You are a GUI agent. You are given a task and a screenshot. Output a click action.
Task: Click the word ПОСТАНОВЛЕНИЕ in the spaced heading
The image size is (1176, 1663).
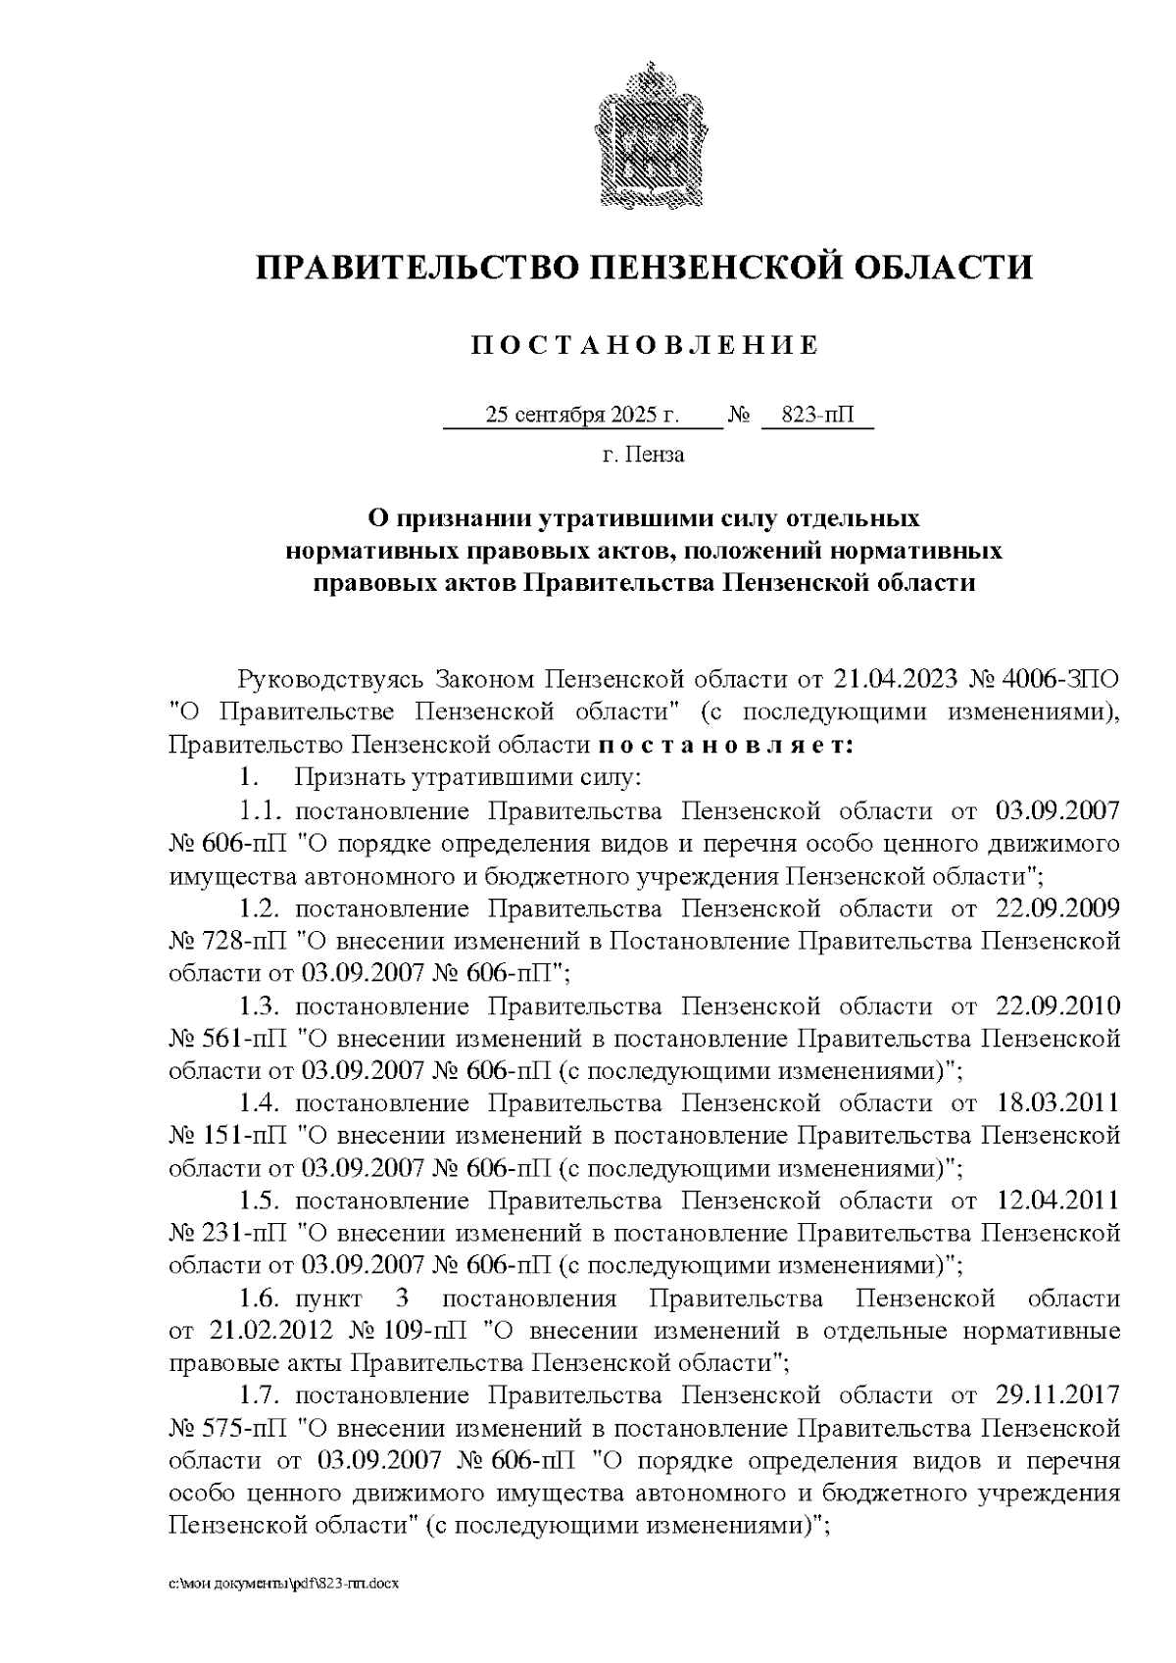(x=644, y=345)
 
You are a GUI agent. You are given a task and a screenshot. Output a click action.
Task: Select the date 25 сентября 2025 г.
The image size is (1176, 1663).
(x=582, y=416)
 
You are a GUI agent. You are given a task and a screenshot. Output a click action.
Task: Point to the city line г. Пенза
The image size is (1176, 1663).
(x=643, y=455)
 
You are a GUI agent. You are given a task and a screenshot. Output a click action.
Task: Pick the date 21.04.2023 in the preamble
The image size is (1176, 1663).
(x=896, y=678)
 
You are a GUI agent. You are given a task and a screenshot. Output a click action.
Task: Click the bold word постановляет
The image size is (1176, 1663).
(x=726, y=745)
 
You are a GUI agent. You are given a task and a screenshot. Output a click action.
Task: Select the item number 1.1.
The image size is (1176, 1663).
(x=262, y=810)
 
